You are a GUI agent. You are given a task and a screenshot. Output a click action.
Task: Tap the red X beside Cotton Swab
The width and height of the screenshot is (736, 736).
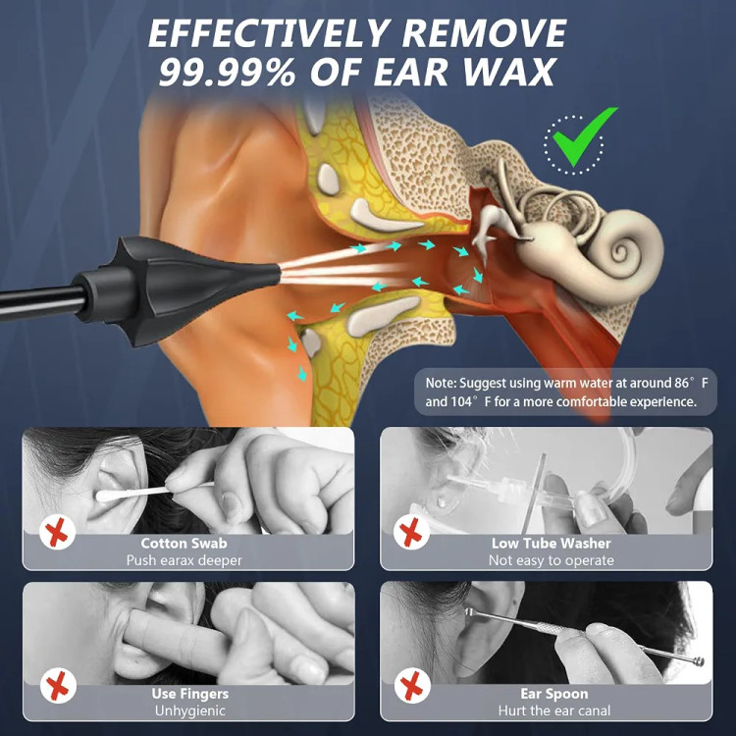coord(57,533)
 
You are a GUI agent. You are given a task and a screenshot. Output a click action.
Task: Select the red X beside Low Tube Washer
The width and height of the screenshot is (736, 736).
coord(411,533)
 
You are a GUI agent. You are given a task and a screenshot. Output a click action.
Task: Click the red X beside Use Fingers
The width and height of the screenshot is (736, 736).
coord(57,686)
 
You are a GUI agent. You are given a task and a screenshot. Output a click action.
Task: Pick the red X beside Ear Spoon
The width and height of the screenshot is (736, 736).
coord(411,686)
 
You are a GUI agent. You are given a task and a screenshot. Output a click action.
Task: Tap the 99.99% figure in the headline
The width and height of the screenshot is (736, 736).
coord(228,72)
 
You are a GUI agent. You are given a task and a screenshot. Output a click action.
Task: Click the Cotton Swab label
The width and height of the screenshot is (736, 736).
coord(184,543)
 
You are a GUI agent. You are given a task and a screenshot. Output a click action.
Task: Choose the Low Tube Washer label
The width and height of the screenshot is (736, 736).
coord(552,543)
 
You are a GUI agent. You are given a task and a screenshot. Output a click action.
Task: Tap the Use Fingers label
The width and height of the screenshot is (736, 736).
coord(190,693)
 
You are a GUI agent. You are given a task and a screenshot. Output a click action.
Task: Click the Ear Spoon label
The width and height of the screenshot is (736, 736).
coord(553,693)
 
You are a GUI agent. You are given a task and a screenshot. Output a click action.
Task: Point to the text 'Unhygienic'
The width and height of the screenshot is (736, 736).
coord(190,710)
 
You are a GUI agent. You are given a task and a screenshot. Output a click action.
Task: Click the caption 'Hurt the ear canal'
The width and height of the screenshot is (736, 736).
coord(554,710)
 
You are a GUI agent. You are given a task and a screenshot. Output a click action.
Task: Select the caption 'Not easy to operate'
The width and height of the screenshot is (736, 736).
coord(552,560)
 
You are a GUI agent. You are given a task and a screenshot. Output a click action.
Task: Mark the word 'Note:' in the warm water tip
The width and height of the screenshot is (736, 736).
coord(441,383)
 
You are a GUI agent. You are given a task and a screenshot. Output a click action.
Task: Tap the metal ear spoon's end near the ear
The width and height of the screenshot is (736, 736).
coord(468,611)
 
